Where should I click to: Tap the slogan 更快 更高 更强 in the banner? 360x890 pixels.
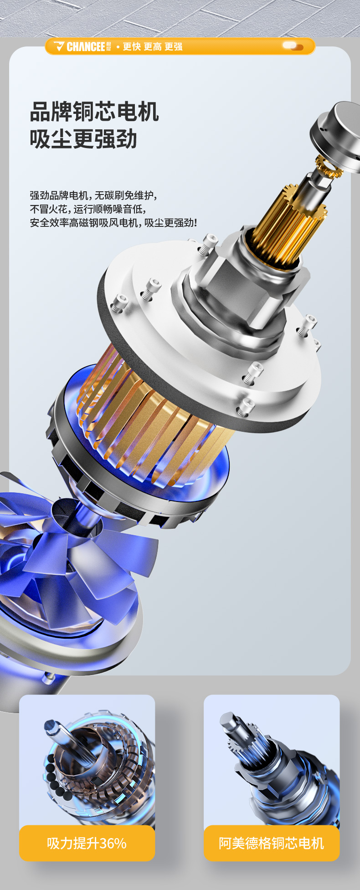tap(153, 46)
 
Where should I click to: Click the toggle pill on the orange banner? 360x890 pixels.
tap(293, 46)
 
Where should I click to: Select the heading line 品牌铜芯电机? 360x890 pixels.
tap(94, 112)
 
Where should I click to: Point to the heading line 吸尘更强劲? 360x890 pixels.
tap(83, 139)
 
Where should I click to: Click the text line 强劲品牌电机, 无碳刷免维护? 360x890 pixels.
tap(93, 195)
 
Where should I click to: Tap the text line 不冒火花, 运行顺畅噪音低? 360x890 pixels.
tap(88, 209)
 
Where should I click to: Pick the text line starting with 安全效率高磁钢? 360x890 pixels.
tap(113, 223)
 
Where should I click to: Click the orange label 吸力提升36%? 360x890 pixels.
tap(87, 843)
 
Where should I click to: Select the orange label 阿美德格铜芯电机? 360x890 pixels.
tap(272, 843)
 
